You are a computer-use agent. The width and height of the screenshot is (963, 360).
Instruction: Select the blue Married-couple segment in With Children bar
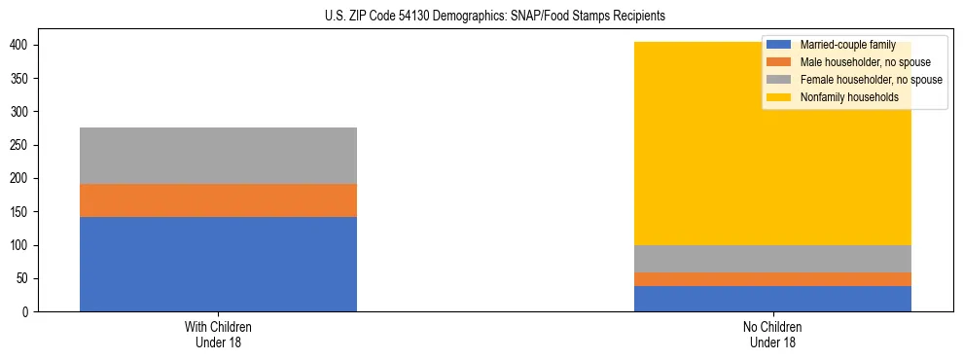click(x=218, y=264)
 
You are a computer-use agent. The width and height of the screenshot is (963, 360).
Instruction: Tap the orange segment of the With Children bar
click(x=218, y=200)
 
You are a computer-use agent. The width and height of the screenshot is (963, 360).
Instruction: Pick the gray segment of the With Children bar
click(x=218, y=156)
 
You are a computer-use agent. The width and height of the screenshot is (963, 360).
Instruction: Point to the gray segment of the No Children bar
click(x=772, y=259)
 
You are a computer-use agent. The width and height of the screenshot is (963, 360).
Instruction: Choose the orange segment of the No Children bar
click(x=772, y=279)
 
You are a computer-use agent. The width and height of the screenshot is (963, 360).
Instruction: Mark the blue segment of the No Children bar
click(x=772, y=299)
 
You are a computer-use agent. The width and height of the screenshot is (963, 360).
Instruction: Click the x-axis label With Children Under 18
click(x=218, y=334)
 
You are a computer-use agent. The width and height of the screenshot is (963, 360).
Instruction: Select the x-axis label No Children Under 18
click(x=772, y=334)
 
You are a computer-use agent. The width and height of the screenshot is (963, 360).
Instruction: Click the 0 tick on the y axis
click(x=29, y=312)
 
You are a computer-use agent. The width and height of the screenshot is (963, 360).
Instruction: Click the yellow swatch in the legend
click(x=779, y=97)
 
